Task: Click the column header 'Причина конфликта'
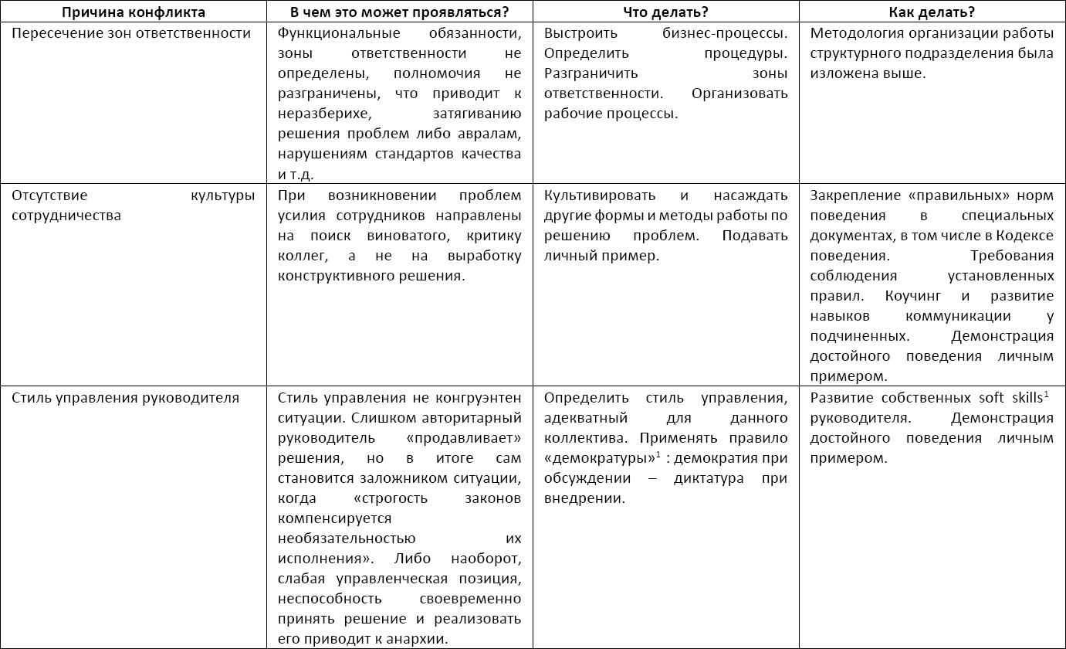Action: click(x=134, y=12)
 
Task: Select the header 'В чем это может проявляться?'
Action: click(x=399, y=12)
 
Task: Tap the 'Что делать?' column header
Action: click(x=666, y=12)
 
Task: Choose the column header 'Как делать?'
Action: click(x=932, y=12)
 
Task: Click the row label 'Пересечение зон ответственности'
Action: click(x=130, y=33)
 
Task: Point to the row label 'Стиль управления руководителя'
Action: click(x=125, y=398)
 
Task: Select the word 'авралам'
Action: click(x=491, y=134)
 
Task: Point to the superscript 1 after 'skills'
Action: click(x=1046, y=395)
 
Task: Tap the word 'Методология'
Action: click(x=855, y=33)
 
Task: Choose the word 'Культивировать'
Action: click(x=600, y=195)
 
